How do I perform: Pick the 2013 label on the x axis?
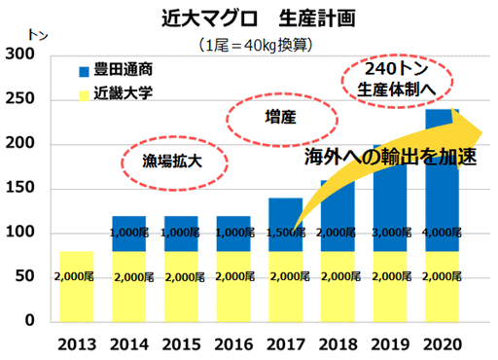click(78, 343)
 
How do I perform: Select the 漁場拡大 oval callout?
click(170, 160)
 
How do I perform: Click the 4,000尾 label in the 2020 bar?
click(444, 234)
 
